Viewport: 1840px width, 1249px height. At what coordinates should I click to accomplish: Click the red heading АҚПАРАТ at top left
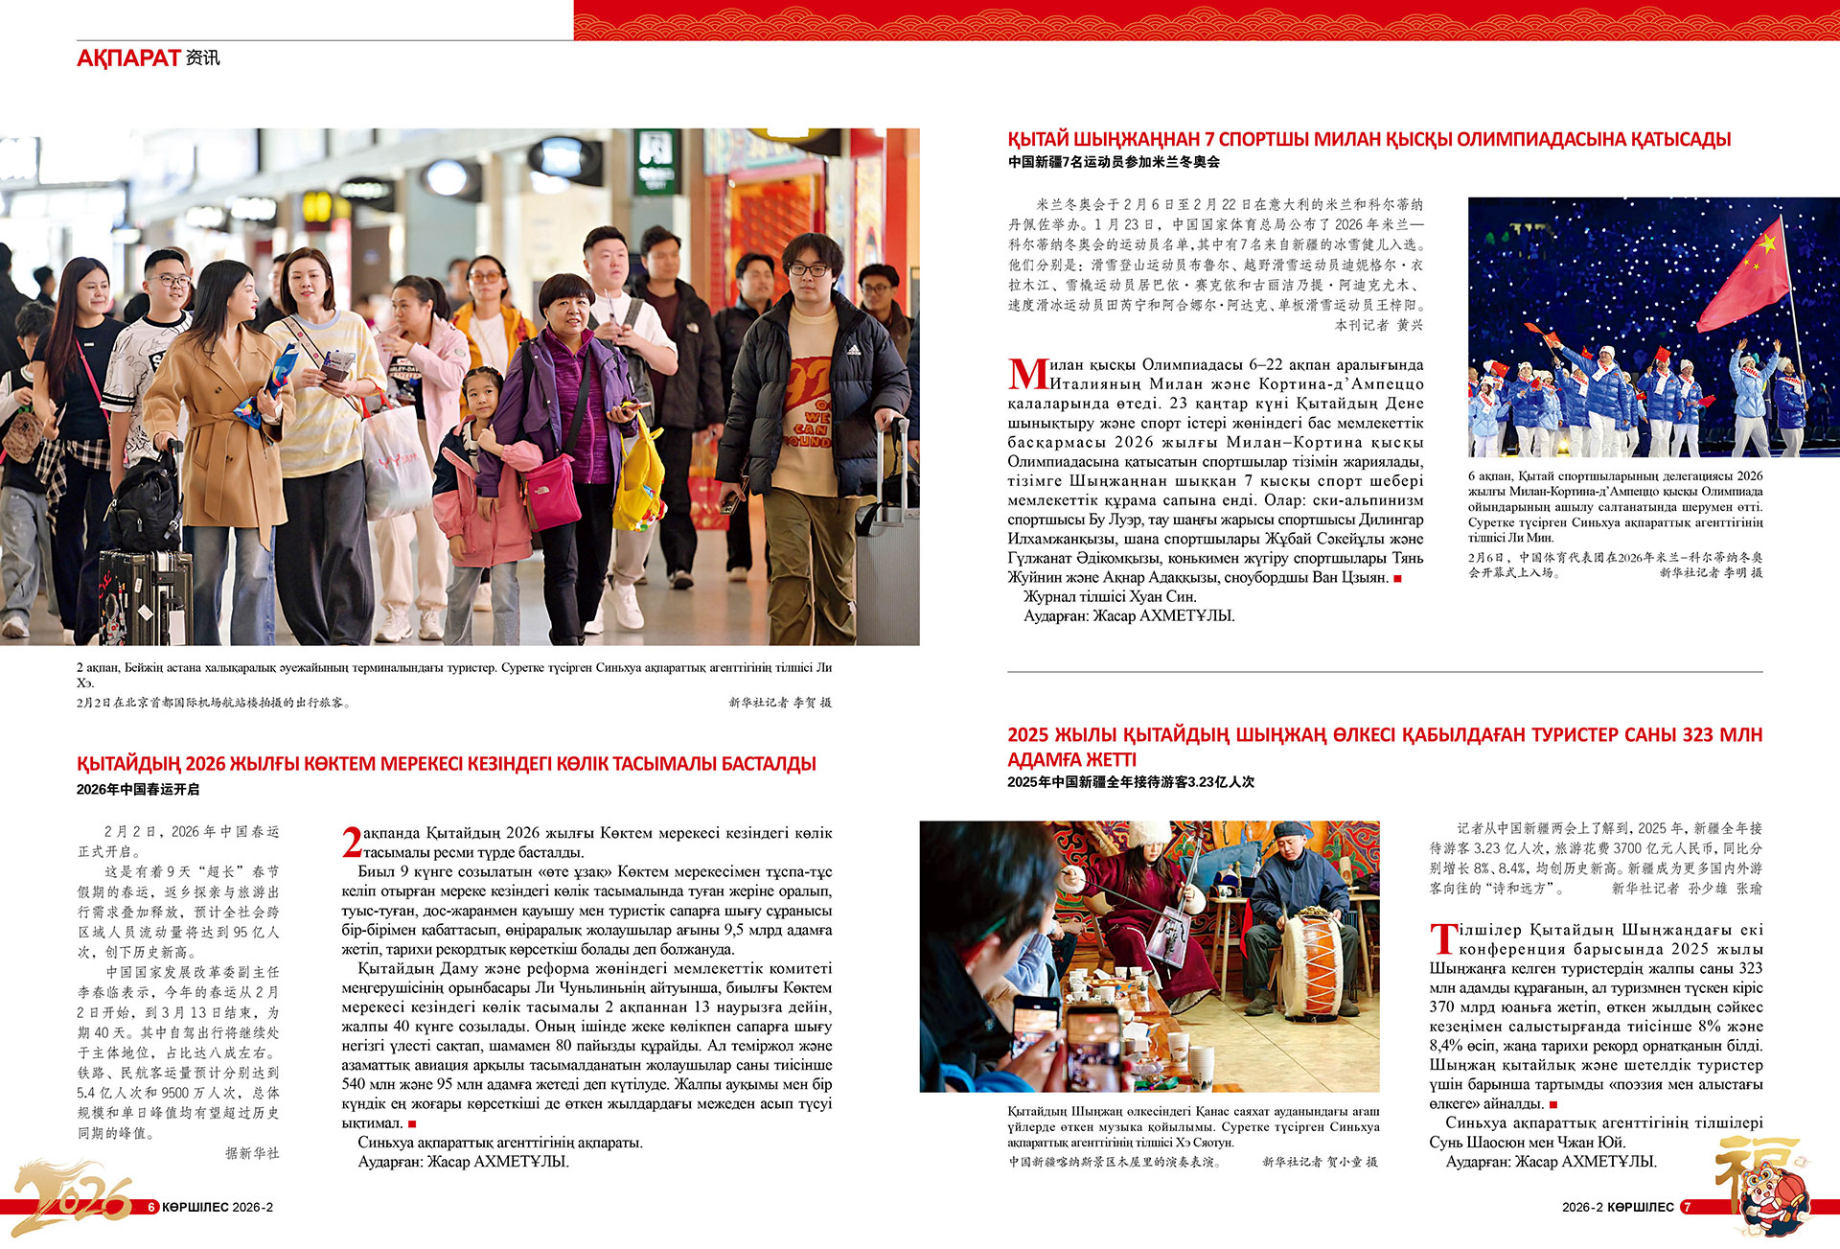click(x=128, y=58)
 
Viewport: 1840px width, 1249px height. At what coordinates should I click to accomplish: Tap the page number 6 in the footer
click(x=151, y=1208)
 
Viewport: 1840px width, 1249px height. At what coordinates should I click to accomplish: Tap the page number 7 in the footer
click(x=1688, y=1208)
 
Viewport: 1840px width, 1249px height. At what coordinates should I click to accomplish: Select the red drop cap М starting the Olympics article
click(x=1027, y=375)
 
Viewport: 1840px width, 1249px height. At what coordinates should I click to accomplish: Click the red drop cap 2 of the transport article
click(x=352, y=843)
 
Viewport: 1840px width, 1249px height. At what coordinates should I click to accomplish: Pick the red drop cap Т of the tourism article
click(x=1443, y=938)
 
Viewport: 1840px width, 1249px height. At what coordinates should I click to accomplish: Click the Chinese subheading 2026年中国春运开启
click(x=138, y=790)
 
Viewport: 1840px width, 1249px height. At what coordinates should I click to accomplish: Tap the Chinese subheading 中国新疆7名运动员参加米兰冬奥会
click(x=1114, y=162)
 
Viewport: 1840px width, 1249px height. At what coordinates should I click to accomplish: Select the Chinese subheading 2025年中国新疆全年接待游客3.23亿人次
click(x=1131, y=782)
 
